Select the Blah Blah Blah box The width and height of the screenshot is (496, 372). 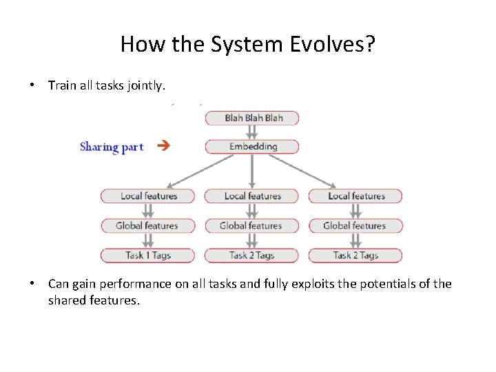(x=253, y=118)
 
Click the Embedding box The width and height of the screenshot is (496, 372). (x=253, y=147)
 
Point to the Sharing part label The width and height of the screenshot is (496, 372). (x=112, y=147)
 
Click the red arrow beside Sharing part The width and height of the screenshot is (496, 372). (x=163, y=145)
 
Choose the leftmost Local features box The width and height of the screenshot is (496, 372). (x=148, y=196)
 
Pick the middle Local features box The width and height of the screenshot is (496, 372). (x=252, y=196)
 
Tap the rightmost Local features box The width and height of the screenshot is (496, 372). (x=355, y=196)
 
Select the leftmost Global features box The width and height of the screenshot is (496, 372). (x=148, y=226)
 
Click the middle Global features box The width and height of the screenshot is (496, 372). (x=252, y=226)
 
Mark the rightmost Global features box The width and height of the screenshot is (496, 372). (x=355, y=226)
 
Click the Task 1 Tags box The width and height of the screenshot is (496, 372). (x=148, y=256)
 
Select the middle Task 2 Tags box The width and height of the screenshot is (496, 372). (x=252, y=256)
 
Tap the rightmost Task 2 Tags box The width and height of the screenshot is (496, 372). (x=355, y=256)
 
